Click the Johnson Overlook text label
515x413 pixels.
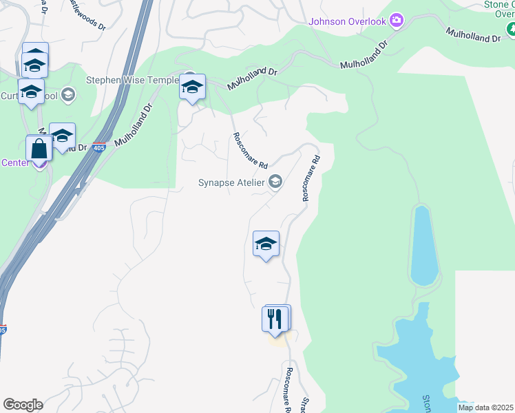(x=348, y=21)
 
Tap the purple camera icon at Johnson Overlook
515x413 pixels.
(x=396, y=21)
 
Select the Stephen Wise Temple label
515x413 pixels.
(x=132, y=80)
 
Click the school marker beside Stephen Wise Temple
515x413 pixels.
(x=192, y=87)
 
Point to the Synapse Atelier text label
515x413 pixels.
(x=231, y=182)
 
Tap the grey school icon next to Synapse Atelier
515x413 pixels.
(x=275, y=182)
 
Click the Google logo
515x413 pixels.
(x=23, y=405)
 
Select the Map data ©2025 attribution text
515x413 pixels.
(x=485, y=407)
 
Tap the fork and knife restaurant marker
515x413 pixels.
(x=274, y=319)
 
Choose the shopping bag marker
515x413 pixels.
(x=39, y=149)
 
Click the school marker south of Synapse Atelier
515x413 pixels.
(x=266, y=244)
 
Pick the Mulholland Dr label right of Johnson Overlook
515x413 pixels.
(x=473, y=36)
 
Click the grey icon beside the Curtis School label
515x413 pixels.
(x=67, y=94)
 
